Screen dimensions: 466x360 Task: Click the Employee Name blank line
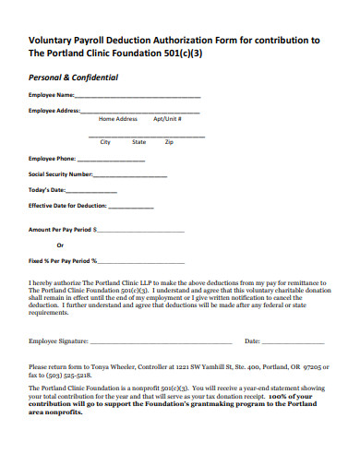(x=138, y=97)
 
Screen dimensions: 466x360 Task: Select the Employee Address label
(x=54, y=111)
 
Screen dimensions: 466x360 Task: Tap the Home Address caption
(x=118, y=119)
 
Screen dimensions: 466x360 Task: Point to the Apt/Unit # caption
(x=167, y=119)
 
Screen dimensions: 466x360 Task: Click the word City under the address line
(x=105, y=142)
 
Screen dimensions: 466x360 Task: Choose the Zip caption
(x=169, y=142)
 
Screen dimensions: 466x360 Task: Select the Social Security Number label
(x=61, y=173)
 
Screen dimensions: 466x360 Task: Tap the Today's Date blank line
(x=93, y=190)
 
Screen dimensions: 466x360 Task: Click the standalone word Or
(x=61, y=245)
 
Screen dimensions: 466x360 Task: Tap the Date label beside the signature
(x=252, y=341)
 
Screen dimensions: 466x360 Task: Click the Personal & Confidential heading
(x=74, y=78)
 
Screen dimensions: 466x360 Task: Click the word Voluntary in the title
(x=57, y=40)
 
